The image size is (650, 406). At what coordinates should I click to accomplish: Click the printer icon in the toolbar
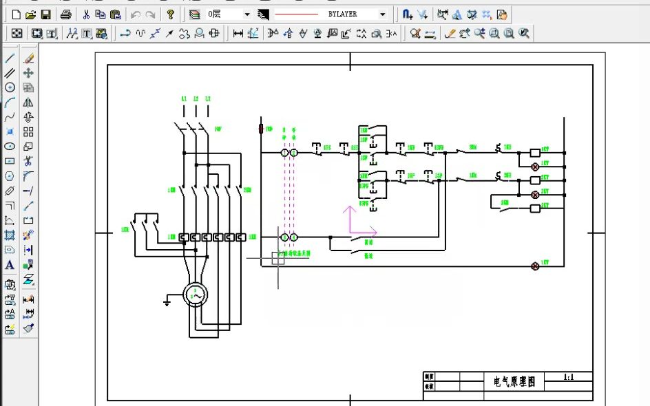click(x=65, y=14)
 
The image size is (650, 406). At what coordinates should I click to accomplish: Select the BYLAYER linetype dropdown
click(x=331, y=14)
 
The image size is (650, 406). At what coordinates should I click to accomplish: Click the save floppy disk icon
click(x=45, y=14)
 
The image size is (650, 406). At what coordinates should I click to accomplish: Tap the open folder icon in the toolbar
click(x=30, y=14)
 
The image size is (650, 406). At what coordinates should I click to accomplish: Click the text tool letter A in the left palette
click(x=10, y=265)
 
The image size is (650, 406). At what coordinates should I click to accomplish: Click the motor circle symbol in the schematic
click(x=195, y=295)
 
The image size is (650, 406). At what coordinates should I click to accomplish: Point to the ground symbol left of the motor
click(x=167, y=301)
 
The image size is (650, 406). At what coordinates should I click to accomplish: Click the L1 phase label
click(x=184, y=99)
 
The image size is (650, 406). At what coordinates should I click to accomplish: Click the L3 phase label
click(x=207, y=99)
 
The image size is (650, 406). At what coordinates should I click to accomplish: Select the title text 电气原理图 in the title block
click(x=514, y=381)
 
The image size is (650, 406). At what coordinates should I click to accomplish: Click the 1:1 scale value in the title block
click(x=569, y=377)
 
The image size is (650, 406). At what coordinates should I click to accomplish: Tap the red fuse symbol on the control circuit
click(x=261, y=128)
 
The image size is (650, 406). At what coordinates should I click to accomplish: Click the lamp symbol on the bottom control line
click(x=534, y=266)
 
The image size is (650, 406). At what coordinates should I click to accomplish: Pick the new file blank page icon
click(x=16, y=14)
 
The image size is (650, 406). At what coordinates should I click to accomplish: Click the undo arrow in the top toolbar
click(x=135, y=14)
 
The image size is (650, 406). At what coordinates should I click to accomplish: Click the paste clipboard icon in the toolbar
click(x=115, y=14)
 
